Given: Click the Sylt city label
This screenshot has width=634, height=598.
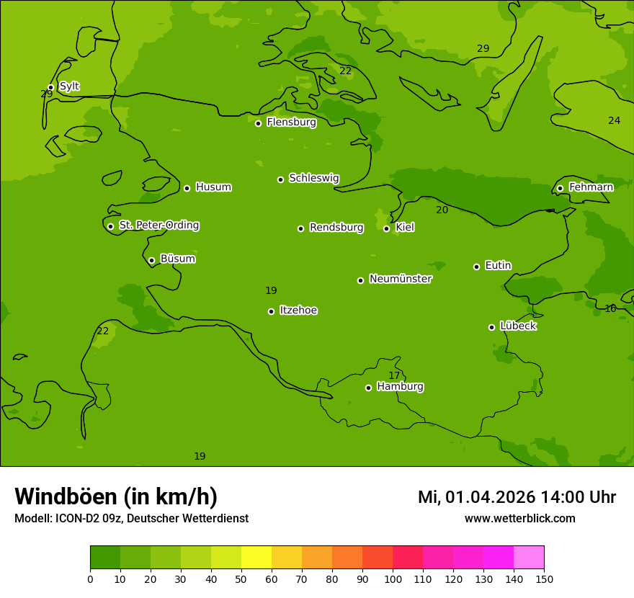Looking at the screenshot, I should (x=69, y=86).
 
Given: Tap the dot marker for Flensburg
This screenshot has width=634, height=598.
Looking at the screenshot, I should (x=258, y=123).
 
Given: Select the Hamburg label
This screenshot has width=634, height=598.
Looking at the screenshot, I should (x=400, y=387).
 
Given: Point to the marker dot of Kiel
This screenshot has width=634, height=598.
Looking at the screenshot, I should (x=386, y=228).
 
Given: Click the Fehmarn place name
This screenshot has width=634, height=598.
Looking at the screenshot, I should (x=591, y=187).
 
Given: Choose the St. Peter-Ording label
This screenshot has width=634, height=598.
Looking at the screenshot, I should (x=159, y=226).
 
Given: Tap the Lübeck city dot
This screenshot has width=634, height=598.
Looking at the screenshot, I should (x=491, y=327).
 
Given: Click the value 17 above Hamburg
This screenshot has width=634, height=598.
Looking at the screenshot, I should (x=394, y=375).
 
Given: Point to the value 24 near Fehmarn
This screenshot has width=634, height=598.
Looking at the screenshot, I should (x=614, y=120).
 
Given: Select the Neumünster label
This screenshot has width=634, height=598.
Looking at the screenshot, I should (x=401, y=279).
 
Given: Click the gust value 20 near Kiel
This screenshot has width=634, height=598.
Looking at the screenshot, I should (x=442, y=210).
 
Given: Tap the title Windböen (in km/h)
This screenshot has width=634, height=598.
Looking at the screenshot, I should (x=116, y=496).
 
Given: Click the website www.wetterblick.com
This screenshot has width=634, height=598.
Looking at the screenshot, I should (x=519, y=518).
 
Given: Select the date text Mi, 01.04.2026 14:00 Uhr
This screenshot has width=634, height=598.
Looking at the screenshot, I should (x=517, y=497).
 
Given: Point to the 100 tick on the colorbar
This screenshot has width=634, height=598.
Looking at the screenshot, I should (x=393, y=579).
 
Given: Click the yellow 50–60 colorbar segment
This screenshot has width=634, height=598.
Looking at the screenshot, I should (x=256, y=557).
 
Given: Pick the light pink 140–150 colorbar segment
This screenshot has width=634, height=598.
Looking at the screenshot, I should (x=529, y=557).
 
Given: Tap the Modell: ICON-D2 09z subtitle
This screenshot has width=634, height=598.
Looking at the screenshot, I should (x=131, y=518).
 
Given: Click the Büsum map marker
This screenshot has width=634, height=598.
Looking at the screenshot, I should (x=151, y=260).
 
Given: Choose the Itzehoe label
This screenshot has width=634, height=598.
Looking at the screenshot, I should (x=298, y=311).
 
